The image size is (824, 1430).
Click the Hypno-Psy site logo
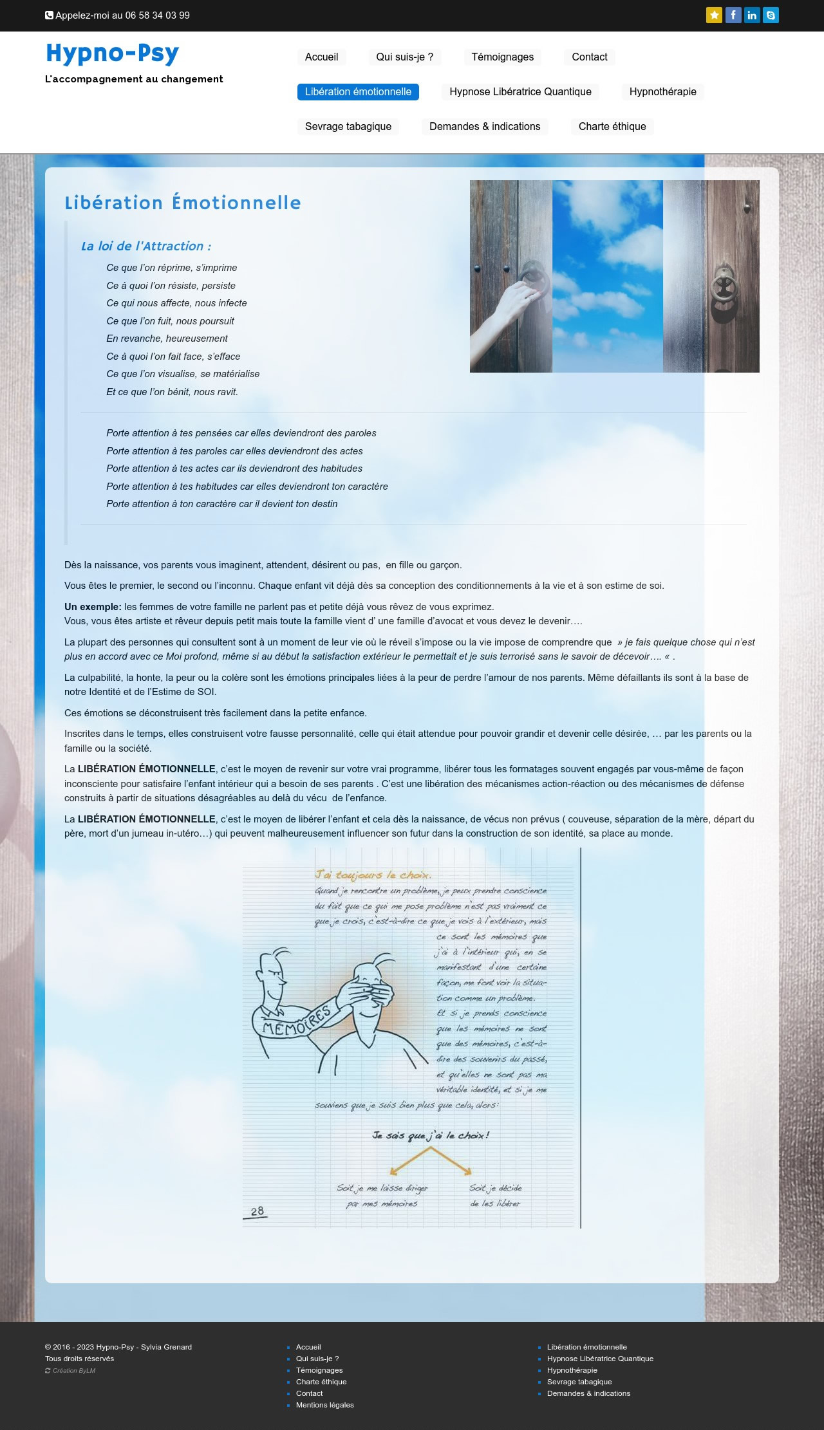click(113, 54)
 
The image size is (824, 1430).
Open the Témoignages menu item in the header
click(502, 57)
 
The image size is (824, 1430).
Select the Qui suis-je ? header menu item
click(404, 57)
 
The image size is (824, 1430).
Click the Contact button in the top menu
click(589, 57)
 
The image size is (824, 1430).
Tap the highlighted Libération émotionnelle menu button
click(358, 91)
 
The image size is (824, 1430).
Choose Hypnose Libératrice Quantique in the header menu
click(520, 91)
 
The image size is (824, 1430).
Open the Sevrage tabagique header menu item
click(348, 126)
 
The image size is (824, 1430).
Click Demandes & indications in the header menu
click(485, 126)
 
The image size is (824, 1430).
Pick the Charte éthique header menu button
click(612, 126)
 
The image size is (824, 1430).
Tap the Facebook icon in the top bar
click(733, 15)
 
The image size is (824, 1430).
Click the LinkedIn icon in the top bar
click(752, 15)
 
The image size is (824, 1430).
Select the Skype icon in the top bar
click(771, 15)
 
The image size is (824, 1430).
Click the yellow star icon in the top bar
click(714, 15)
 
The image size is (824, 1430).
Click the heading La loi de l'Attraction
click(145, 246)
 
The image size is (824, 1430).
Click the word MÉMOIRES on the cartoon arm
click(296, 1021)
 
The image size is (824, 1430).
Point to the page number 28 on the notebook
click(257, 1211)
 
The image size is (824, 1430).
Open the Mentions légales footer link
click(324, 1405)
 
